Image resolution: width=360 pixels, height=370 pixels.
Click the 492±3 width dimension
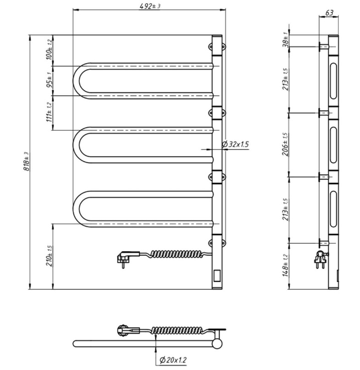pos(150,6)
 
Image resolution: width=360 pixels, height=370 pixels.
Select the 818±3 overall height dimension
pos(26,161)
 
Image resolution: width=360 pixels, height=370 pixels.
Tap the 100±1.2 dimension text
pos(49,50)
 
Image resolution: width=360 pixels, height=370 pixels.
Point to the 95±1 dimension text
pos(49,80)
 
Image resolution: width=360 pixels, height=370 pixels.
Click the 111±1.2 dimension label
pos(49,112)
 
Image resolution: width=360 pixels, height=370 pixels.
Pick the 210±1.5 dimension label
pos(49,256)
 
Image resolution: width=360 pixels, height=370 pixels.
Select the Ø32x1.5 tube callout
pos(235,144)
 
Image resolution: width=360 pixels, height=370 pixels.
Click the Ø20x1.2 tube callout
pos(173,360)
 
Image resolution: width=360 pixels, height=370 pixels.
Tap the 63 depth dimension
pos(329,12)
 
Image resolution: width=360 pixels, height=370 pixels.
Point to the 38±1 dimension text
pos(285,39)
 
